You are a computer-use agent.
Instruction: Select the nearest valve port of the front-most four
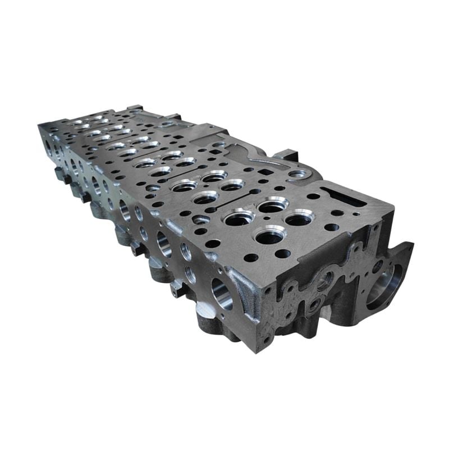269,235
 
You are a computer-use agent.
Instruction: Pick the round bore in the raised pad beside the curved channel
296,174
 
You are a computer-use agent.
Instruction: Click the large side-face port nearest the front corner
221,291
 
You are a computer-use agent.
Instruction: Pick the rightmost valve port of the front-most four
299,219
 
